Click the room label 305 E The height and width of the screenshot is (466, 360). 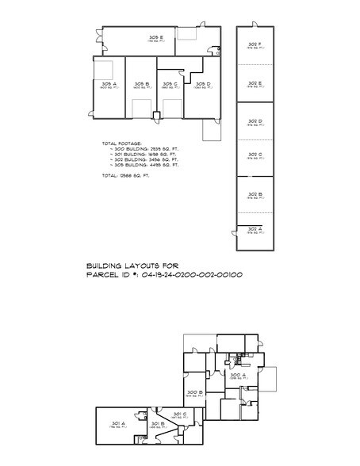coord(155,37)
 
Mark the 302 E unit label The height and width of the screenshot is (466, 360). coord(255,82)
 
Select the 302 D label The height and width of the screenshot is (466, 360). coord(255,120)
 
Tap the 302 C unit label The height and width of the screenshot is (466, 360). coord(255,154)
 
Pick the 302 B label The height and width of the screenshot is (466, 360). coord(255,193)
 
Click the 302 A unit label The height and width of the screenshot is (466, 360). coord(255,228)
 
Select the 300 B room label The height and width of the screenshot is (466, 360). coord(195,392)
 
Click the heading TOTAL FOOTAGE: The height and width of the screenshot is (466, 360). coord(121,143)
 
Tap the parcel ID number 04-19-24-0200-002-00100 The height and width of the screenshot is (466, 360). coord(191,274)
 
